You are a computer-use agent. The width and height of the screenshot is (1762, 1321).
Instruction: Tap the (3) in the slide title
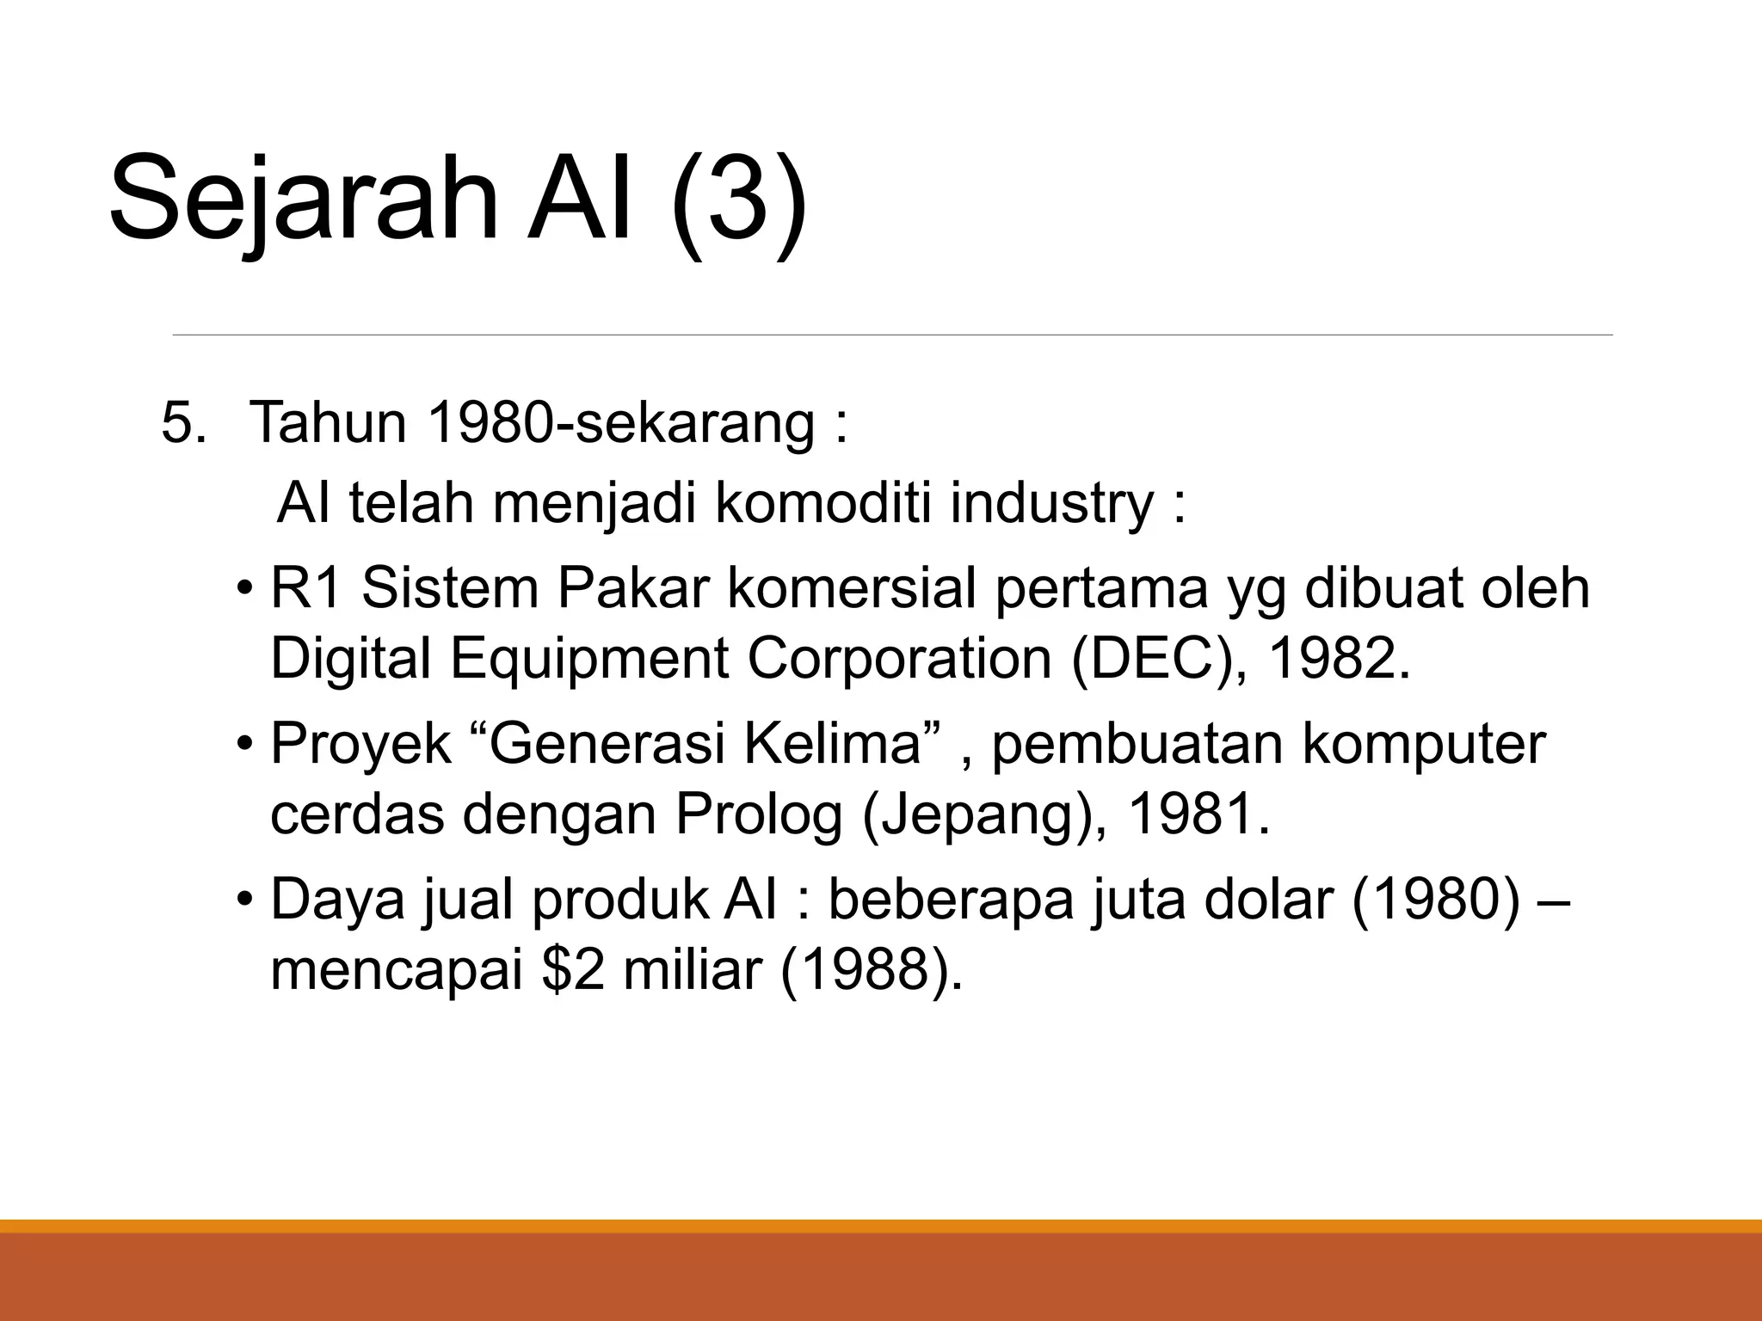[740, 200]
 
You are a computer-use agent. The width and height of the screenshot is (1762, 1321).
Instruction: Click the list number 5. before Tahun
[183, 424]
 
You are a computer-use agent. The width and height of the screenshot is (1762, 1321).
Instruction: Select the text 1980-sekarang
[619, 422]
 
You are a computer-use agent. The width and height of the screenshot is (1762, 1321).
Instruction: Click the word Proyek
[360, 745]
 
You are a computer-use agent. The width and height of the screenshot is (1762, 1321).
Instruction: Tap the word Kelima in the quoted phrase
[832, 745]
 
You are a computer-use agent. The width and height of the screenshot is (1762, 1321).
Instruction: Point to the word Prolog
[758, 814]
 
